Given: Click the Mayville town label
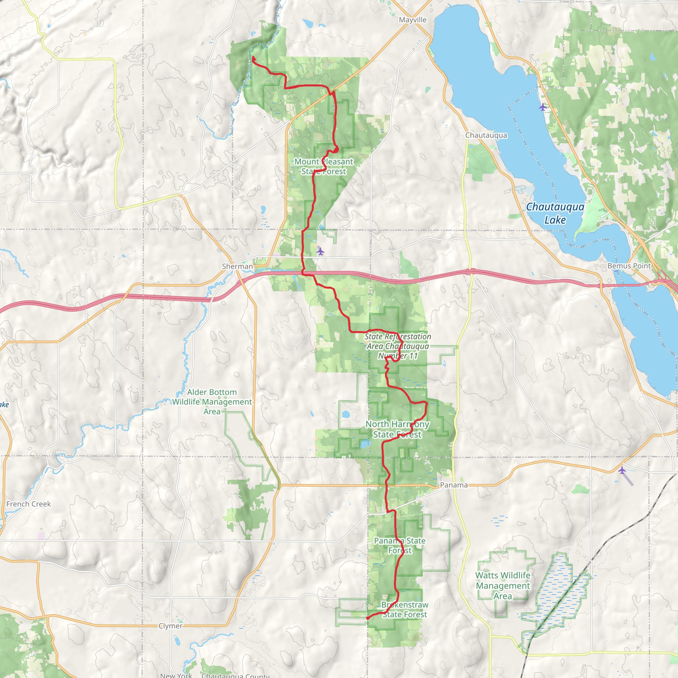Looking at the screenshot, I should (413, 20).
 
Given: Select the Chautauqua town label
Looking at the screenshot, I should (486, 135).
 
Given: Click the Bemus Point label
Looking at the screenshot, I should (629, 266).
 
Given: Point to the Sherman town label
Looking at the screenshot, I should (237, 266).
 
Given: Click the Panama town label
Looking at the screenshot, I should (454, 485).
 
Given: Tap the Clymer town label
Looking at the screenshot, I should (170, 626).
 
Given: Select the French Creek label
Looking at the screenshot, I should (28, 504).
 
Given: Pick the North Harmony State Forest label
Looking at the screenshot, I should (397, 429).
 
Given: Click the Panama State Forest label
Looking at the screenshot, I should (400, 546).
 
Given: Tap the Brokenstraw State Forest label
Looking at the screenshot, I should (405, 609).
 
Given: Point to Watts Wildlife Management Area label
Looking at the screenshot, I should (503, 586).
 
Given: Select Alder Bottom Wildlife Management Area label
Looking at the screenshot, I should (212, 402).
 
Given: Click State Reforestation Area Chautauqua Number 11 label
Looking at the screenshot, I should (398, 346).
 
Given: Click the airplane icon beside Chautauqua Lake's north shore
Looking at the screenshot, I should (543, 107).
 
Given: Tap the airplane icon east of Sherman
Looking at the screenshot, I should (320, 251).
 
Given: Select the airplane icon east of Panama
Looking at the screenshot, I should (622, 470).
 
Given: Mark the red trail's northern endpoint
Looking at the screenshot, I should (253, 57).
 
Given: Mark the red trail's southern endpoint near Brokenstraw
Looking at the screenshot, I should (367, 618).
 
